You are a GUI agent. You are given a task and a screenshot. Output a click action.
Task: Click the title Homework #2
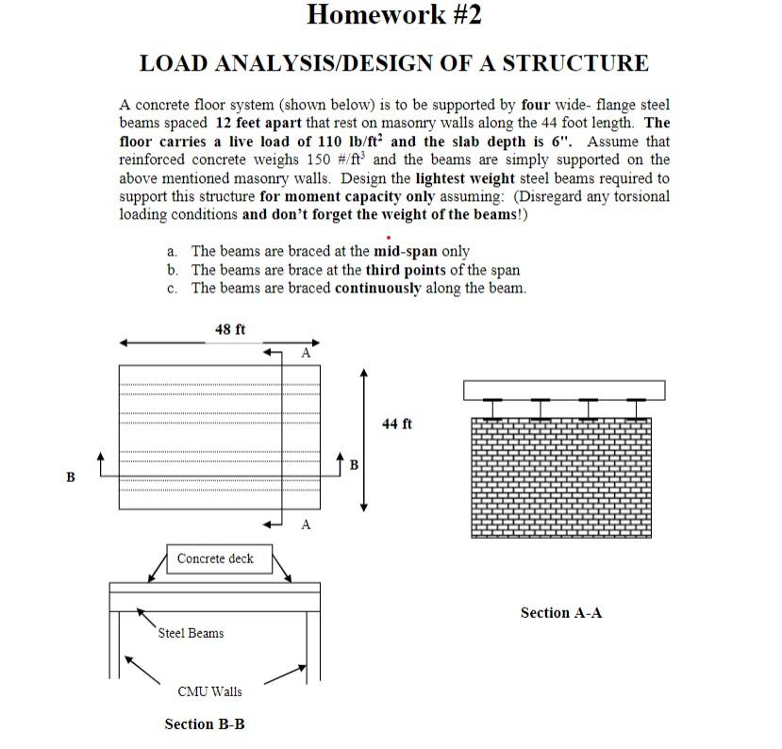pos(393,15)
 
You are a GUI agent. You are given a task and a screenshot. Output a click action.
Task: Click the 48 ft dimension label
pos(230,329)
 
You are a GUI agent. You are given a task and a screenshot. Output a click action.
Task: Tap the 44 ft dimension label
pos(397,424)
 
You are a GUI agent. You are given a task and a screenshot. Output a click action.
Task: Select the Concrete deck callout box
pos(215,558)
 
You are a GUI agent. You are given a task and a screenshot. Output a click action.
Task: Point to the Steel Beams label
pos(191,633)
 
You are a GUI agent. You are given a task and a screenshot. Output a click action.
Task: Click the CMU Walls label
pos(209,691)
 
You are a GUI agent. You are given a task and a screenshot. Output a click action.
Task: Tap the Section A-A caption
pos(561,613)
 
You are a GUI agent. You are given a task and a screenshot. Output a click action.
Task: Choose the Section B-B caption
pos(205,724)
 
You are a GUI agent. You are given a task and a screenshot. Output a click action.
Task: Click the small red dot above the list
pos(389,237)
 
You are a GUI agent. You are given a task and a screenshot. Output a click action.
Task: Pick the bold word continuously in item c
pos(377,288)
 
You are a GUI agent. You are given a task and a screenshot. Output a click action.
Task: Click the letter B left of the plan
pos(70,477)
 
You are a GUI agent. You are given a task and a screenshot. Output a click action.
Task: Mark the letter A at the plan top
pos(306,353)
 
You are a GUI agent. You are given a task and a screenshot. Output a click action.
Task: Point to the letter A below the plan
pos(306,524)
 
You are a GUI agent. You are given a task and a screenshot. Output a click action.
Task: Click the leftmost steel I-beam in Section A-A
pos(491,408)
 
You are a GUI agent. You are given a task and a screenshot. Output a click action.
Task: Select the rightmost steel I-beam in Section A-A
pos(637,408)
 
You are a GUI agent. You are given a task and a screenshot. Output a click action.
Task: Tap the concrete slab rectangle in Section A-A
pos(563,390)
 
